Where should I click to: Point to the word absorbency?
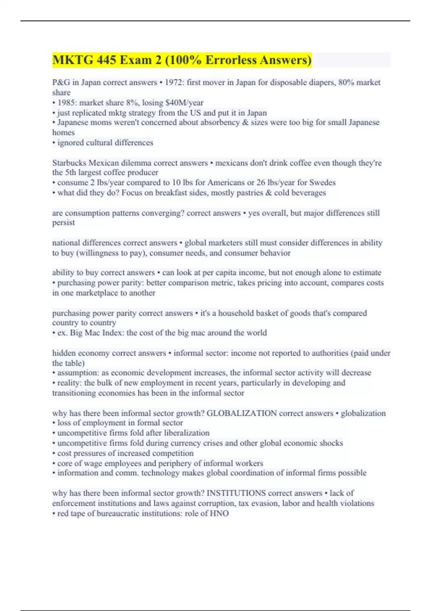click(x=203, y=123)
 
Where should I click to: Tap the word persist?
click(x=64, y=223)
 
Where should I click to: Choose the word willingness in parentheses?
click(x=103, y=253)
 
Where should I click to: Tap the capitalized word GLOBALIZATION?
click(x=241, y=413)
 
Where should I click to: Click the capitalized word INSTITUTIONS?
click(x=236, y=493)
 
